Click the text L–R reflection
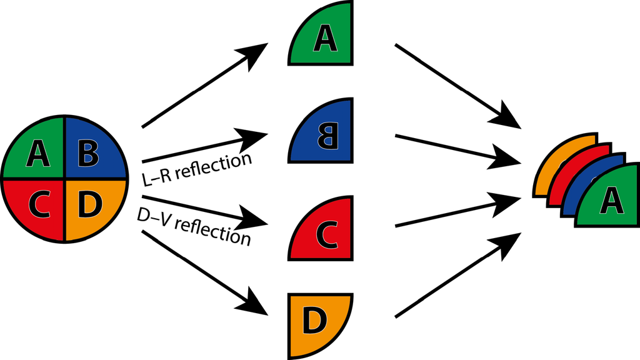[197, 169]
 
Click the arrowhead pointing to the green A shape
[256, 52]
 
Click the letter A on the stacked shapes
[611, 201]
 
